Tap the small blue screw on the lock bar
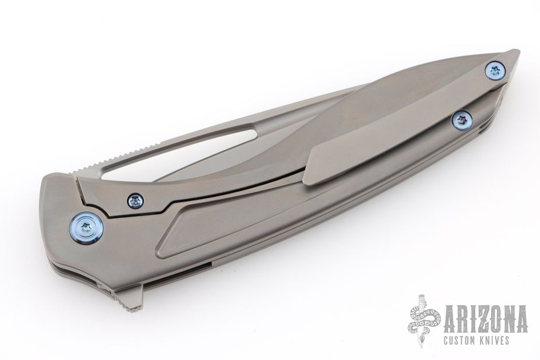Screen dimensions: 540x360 [x=135, y=200]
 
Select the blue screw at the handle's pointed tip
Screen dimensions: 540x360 [x=495, y=71]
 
